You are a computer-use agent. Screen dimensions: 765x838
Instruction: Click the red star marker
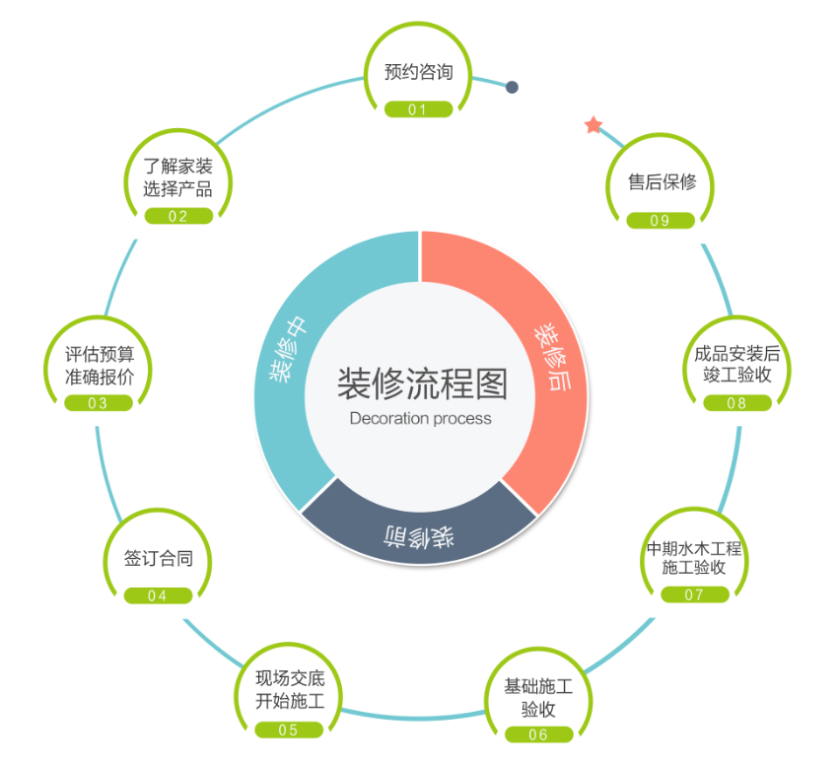[594, 125]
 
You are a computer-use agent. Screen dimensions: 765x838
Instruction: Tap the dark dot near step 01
[512, 87]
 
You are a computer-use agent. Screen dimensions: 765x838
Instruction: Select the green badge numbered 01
[418, 109]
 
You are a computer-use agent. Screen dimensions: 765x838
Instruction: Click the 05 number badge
[289, 730]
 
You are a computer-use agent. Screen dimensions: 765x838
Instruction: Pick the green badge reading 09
[660, 221]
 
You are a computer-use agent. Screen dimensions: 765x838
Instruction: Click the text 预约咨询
[419, 73]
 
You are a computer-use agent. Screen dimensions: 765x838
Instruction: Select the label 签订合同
[158, 558]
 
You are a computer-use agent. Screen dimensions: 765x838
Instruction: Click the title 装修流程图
[421, 383]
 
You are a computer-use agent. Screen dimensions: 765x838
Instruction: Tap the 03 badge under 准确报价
[99, 403]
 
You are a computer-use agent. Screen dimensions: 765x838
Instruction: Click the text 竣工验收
[736, 376]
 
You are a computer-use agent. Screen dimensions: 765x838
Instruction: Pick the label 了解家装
[177, 166]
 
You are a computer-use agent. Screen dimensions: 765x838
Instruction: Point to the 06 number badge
[539, 734]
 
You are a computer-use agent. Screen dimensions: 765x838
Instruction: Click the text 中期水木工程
[694, 547]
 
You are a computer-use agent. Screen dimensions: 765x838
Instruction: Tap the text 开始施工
[290, 702]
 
